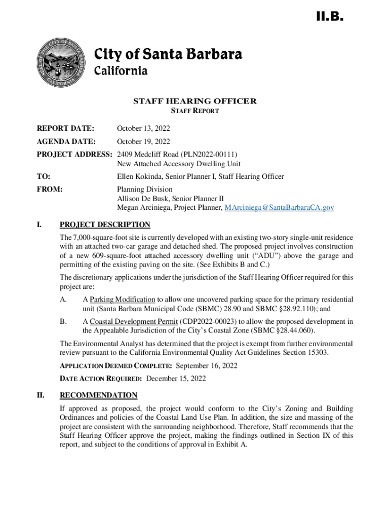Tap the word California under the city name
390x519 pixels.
[x=121, y=70]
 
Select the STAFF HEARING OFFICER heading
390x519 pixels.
[x=194, y=101]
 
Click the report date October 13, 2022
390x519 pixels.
[x=143, y=129]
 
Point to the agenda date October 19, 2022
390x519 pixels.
[x=143, y=141]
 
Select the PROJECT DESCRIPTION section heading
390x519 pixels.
[x=105, y=225]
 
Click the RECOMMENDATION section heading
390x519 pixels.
[x=98, y=395]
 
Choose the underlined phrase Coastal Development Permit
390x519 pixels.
[x=134, y=321]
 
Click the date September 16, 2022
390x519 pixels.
[x=206, y=365]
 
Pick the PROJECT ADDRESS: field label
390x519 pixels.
[x=75, y=154]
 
